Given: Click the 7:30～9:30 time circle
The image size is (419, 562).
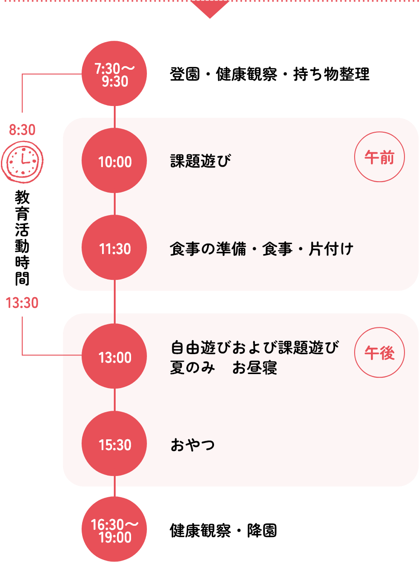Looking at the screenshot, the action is (114, 73).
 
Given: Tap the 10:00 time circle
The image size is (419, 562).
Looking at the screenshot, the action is (114, 160).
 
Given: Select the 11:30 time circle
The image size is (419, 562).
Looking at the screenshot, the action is (114, 248).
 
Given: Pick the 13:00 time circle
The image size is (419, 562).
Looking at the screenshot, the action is (114, 356).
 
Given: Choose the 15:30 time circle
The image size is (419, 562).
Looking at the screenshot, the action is (114, 444).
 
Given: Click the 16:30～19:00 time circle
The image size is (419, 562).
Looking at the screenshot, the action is (114, 529).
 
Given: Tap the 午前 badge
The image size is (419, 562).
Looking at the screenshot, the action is (380, 157).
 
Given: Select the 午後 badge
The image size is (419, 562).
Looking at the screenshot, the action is (380, 352).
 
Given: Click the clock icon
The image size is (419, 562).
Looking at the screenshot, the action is (22, 162).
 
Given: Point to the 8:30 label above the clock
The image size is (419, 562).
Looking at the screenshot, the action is (22, 130).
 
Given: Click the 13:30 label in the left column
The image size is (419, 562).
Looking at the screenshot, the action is (22, 303).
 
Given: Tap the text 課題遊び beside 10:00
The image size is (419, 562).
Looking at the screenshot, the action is (200, 161).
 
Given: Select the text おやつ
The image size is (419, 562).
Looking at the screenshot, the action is (193, 445).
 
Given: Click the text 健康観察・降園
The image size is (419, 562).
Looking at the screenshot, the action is (224, 530).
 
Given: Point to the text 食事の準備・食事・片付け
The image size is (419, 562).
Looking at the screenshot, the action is (262, 249).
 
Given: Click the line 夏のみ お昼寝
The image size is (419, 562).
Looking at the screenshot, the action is (224, 368).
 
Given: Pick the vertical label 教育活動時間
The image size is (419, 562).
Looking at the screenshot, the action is (22, 238).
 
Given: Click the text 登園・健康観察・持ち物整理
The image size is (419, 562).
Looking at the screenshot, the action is (269, 74).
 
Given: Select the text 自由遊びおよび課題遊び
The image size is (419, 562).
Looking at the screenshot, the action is (254, 347).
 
